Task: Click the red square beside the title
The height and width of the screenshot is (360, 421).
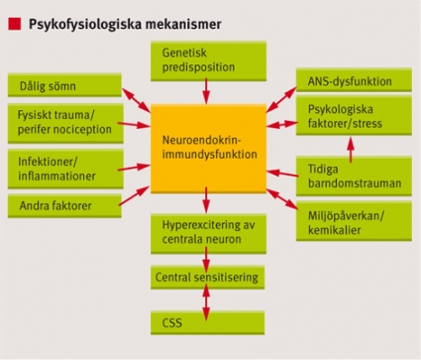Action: click(15, 24)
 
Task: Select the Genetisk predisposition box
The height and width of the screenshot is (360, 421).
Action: click(209, 61)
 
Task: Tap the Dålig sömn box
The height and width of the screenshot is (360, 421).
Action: click(64, 85)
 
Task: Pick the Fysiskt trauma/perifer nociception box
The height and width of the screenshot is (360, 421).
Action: click(65, 123)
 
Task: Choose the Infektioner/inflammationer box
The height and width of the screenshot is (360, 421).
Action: click(65, 170)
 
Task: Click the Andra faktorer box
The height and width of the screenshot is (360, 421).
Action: click(64, 206)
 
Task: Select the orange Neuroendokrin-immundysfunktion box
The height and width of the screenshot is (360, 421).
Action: click(209, 149)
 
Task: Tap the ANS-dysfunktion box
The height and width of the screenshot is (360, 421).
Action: click(354, 80)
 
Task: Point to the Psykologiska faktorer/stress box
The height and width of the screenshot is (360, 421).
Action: click(354, 116)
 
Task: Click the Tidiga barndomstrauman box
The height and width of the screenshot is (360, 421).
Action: click(354, 177)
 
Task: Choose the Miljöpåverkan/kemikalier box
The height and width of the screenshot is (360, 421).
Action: click(354, 221)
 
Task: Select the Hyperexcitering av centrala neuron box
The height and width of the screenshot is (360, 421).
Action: click(209, 234)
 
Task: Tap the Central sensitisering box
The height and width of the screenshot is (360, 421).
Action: click(208, 277)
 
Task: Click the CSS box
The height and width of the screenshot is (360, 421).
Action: click(208, 322)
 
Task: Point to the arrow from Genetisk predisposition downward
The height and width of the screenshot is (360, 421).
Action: click(206, 91)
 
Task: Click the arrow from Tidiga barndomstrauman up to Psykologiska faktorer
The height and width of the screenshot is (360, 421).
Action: click(351, 150)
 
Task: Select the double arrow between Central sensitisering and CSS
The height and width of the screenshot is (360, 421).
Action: click(206, 302)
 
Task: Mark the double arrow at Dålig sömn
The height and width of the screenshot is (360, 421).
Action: click(137, 100)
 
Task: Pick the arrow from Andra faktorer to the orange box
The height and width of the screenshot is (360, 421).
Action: click(134, 196)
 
